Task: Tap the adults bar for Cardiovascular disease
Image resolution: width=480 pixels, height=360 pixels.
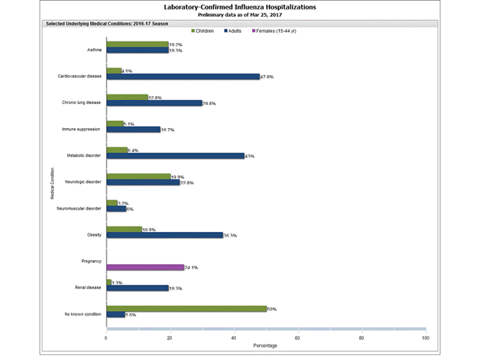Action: point(182,77)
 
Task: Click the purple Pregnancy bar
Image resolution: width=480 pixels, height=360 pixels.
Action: point(145,267)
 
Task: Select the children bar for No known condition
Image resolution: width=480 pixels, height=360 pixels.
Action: point(186,308)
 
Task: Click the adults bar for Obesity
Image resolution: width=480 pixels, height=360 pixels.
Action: point(164,235)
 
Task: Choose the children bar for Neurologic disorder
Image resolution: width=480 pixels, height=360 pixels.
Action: point(138,177)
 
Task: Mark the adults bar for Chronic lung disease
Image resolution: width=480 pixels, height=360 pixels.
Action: point(154,103)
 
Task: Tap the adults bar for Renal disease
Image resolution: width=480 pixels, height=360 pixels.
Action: point(137,288)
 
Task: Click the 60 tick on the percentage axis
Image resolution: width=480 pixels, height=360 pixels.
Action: point(298,338)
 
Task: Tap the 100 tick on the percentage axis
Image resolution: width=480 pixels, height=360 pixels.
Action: point(425,338)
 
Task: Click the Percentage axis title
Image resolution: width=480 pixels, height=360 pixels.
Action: point(266,346)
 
